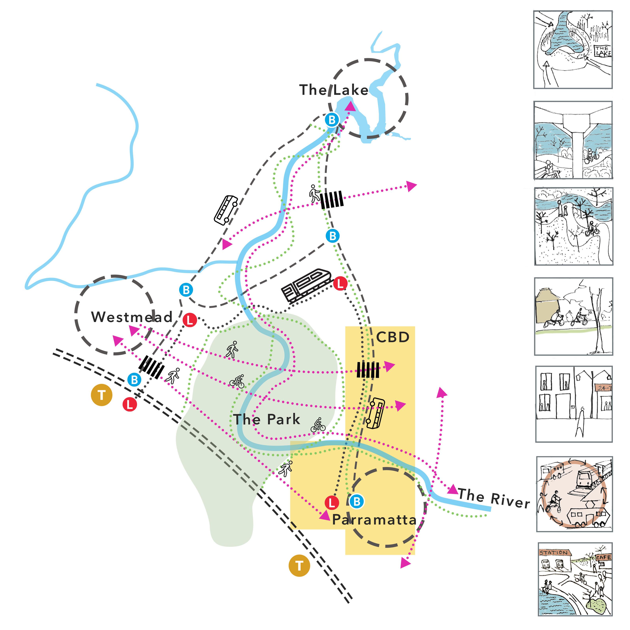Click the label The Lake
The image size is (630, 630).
334,90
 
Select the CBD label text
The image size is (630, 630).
393,337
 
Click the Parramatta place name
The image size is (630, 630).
374,520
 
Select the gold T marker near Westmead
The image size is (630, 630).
101,395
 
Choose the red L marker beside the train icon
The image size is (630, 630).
340,283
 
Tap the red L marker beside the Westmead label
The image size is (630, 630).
190,320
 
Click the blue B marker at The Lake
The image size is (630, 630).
332,120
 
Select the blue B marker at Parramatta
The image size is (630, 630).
357,501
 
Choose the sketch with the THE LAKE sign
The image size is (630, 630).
573,50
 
